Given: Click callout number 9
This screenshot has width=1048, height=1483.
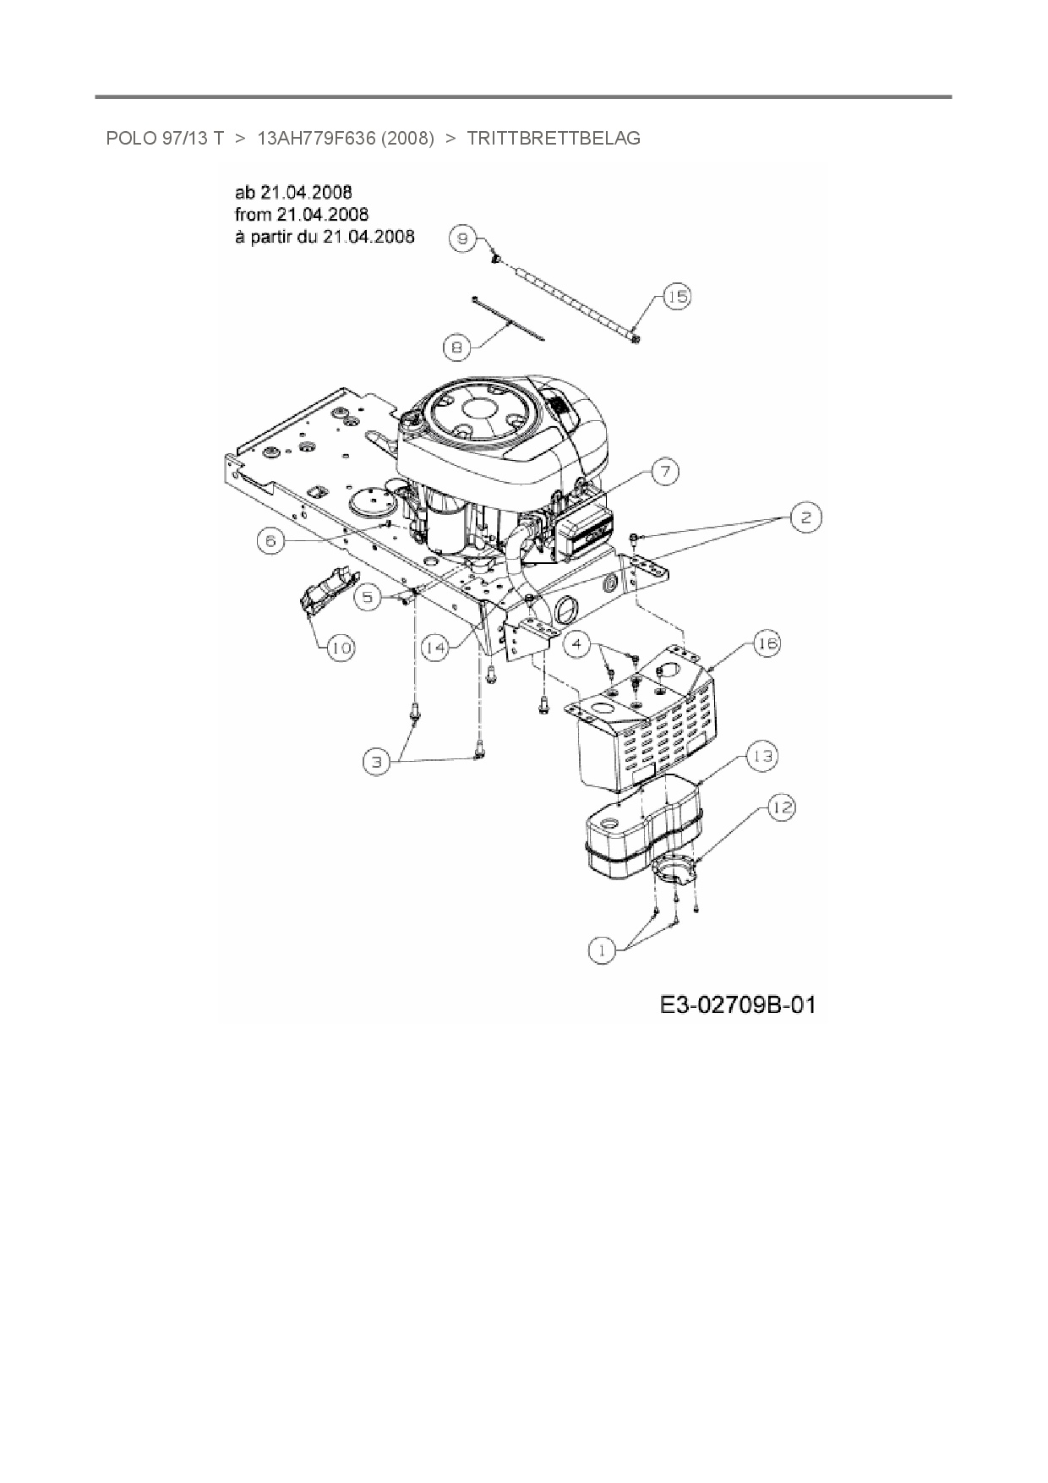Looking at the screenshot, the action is point(463,238).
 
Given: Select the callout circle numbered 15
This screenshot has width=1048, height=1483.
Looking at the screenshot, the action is point(677,296).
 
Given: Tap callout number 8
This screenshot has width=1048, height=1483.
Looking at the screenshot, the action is point(456,346).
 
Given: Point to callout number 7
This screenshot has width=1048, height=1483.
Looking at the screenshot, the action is point(665,471).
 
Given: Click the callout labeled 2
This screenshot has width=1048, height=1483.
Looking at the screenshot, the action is point(805,517).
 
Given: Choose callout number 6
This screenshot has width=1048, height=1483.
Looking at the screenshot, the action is point(270,541).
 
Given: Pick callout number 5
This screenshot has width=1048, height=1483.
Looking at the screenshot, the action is point(368,596).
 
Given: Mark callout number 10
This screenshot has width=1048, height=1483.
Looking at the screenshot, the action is point(341,648).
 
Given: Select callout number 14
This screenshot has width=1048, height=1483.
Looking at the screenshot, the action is point(435,648).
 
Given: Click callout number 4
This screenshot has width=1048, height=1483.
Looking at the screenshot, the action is point(577,644).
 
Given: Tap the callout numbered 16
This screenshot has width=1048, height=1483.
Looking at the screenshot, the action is point(767,644).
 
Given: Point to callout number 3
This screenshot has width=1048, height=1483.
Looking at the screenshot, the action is point(376,762).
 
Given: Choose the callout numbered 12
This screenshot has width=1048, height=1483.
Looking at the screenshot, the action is point(782,808).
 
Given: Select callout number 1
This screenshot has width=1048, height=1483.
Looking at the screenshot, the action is point(602,950).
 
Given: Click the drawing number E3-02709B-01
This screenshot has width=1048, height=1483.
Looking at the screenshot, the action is point(738,1005).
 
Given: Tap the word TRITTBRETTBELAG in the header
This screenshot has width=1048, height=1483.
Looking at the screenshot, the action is point(554,138).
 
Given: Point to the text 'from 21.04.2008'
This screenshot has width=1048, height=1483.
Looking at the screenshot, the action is point(302,215).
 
